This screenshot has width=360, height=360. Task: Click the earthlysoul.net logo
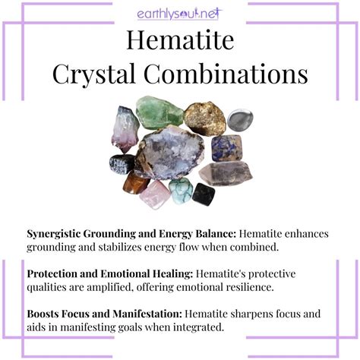coord(179,14)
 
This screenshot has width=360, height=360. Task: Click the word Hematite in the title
coord(180,40)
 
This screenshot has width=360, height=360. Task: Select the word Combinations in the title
coord(226,74)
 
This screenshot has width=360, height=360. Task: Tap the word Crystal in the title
coord(93,75)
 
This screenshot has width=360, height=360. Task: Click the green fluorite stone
coord(159,112)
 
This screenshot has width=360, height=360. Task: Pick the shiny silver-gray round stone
coord(240,120)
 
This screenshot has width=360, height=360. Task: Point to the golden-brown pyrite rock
coord(205,118)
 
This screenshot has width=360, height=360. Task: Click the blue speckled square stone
coord(227,148)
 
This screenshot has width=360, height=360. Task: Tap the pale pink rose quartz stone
coord(155,194)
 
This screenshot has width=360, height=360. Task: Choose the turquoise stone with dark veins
coord(181,191)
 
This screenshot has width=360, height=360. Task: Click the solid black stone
coord(204,194)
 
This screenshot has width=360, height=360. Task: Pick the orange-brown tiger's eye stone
coord(136,183)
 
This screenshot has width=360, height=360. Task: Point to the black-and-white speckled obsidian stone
coord(122,164)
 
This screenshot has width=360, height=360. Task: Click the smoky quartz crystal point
coord(226,173)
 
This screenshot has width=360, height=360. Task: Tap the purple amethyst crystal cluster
coord(125,129)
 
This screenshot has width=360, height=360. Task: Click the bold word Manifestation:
coord(147,314)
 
